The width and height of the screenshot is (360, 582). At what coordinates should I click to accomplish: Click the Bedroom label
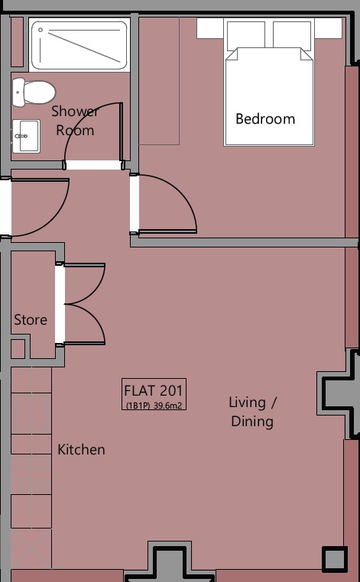265,119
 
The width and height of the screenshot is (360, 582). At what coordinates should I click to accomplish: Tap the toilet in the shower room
34,92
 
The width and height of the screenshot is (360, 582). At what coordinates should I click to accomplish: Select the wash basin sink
26,136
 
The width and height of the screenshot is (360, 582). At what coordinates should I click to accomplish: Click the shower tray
79,45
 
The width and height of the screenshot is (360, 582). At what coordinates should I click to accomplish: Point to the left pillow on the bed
246,36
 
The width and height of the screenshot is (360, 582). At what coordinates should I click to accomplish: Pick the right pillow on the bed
292,36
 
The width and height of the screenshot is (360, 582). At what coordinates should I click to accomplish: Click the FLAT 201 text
154,390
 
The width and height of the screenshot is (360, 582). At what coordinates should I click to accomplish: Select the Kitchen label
81,450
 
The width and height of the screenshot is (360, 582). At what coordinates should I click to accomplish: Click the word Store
31,319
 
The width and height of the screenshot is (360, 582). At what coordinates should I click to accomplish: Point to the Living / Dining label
253,412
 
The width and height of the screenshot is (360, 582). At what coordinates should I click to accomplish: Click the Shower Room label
75,121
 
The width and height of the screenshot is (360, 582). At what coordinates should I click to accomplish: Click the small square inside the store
18,349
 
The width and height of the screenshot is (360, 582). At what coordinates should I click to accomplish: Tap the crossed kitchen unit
31,548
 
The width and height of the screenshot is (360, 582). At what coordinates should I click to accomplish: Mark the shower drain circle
41,30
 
